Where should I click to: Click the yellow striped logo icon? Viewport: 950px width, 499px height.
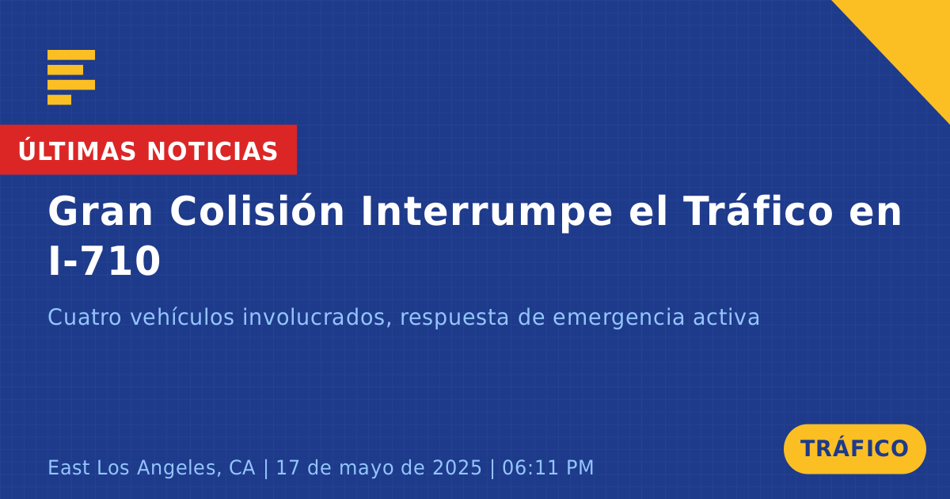click(71, 78)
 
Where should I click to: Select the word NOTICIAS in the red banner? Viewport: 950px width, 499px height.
click(212, 151)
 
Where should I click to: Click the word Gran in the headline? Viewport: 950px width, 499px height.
click(100, 211)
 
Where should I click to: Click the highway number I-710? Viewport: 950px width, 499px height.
click(104, 261)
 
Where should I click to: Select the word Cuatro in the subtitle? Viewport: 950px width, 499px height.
click(85, 318)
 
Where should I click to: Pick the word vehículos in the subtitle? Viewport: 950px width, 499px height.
click(182, 317)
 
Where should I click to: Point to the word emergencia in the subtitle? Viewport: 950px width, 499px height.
click(619, 318)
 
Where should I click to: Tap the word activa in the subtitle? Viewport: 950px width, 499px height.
click(726, 318)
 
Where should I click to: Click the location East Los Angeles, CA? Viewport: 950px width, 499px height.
click(152, 468)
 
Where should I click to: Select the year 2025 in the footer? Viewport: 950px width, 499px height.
click(458, 468)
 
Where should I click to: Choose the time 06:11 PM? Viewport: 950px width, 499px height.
click(548, 468)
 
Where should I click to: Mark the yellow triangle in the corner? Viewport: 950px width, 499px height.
click(912, 38)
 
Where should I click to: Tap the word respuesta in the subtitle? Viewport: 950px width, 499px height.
click(454, 318)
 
